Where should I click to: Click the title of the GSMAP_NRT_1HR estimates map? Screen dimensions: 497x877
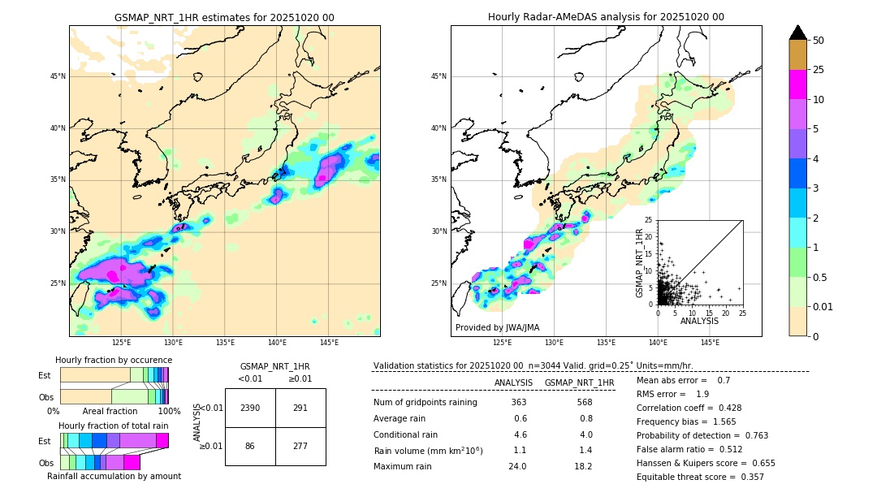point(224,18)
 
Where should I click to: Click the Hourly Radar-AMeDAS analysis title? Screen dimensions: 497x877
point(606,17)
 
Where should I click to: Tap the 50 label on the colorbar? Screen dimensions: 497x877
point(819,41)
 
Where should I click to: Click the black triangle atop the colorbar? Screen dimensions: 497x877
point(798,32)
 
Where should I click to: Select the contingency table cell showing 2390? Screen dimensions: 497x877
point(250,408)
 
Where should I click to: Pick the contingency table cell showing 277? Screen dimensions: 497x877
point(300,447)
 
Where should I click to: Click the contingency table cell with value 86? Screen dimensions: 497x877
point(250,447)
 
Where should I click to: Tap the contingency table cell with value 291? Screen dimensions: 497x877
point(300,408)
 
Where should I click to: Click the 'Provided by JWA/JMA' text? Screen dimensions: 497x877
point(497,327)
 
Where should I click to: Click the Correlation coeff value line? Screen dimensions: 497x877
point(689,408)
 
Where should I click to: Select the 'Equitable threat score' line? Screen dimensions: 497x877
point(700,477)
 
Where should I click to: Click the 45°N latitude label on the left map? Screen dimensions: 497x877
point(58,76)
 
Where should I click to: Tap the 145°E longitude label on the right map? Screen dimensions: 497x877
point(710,343)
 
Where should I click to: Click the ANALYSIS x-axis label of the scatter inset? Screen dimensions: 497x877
point(699,322)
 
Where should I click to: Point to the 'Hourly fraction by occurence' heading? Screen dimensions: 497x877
point(114,360)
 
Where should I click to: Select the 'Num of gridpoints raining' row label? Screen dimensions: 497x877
point(425,403)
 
